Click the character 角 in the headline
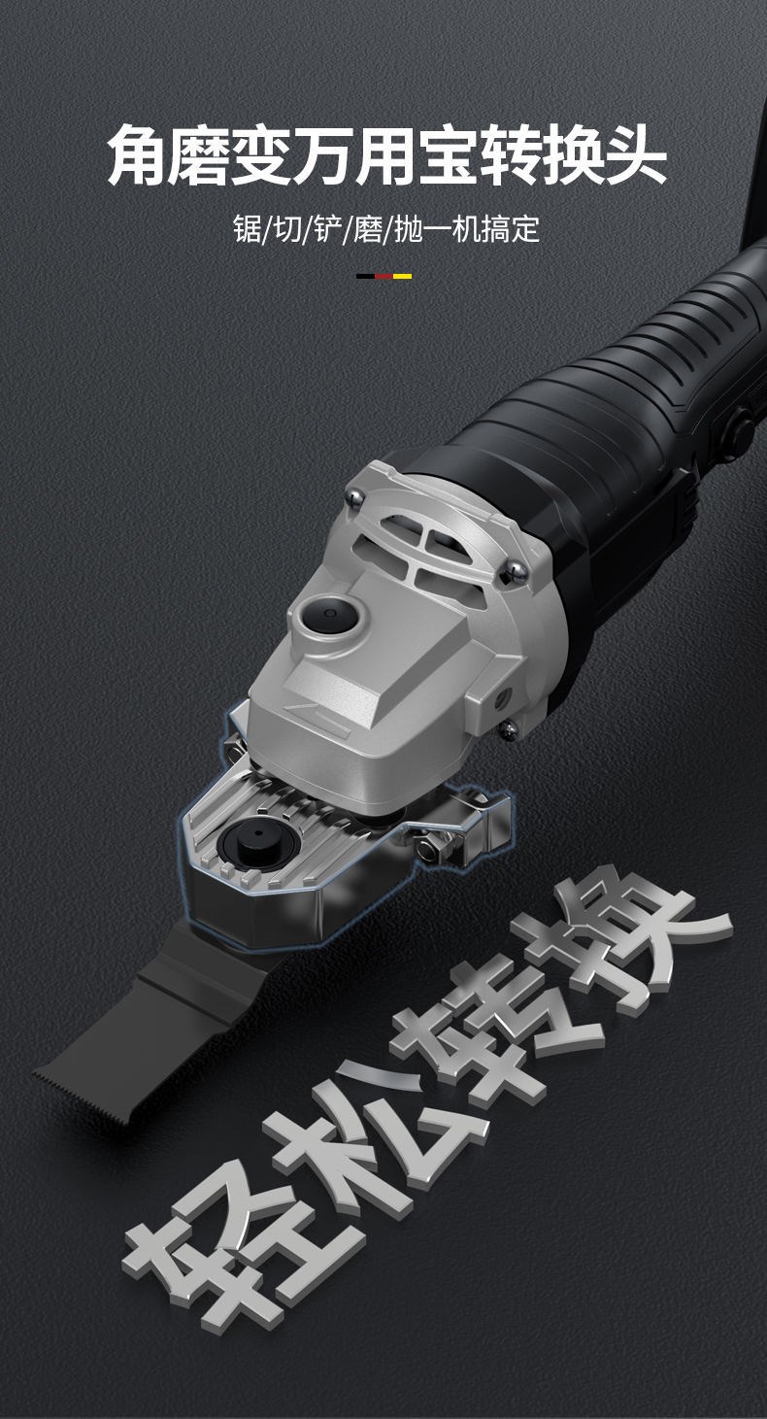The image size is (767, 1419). click(x=136, y=155)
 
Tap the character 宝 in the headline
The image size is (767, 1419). click(x=447, y=155)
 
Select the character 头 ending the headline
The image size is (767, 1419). click(x=632, y=155)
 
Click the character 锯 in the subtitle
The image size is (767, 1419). click(x=248, y=228)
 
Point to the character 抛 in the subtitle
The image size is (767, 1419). click(x=409, y=228)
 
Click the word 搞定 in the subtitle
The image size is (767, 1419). click(x=511, y=228)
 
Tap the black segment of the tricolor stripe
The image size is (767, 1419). click(x=365, y=276)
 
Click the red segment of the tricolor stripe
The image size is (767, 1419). click(x=383, y=276)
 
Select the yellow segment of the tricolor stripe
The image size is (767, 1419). click(x=402, y=276)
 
